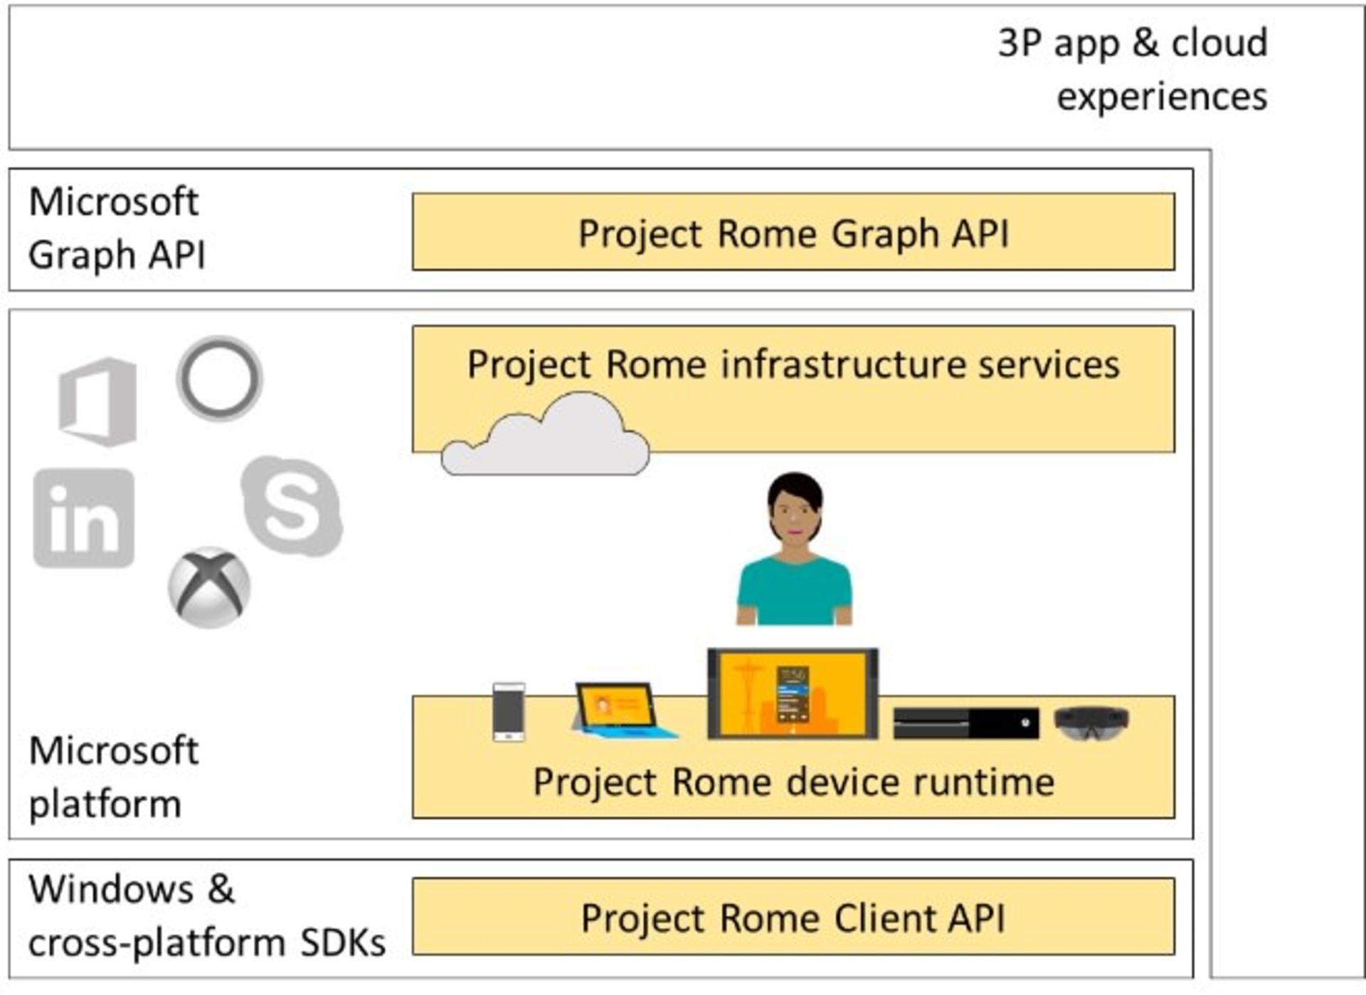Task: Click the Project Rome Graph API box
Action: (793, 233)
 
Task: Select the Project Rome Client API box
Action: (793, 917)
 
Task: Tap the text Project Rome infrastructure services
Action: (793, 365)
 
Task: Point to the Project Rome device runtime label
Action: (793, 782)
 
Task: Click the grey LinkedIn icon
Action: (84, 518)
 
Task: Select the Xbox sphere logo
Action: (209, 587)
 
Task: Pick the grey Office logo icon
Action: (98, 402)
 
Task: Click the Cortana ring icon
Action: (219, 378)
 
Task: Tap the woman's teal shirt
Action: (794, 590)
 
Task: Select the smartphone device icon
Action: (509, 712)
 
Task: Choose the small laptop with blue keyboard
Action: (619, 711)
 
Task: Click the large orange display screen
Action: (793, 694)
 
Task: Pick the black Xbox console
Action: (965, 723)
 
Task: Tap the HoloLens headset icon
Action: (1091, 722)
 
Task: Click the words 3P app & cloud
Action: (1133, 43)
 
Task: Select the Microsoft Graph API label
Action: (116, 228)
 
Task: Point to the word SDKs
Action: (343, 943)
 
